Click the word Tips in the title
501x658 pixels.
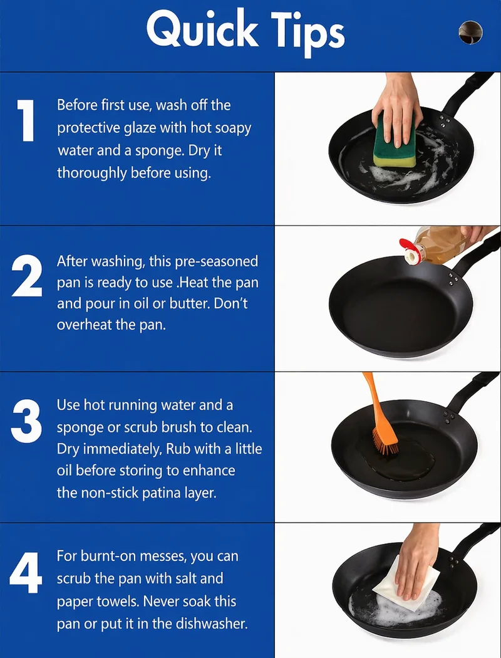point(307,32)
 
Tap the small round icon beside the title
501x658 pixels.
point(470,33)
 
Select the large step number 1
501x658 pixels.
point(26,120)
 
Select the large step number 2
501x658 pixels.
point(27,276)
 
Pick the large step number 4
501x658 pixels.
point(26,573)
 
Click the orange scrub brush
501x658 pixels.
point(380,415)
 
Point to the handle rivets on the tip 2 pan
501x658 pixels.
point(453,279)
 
